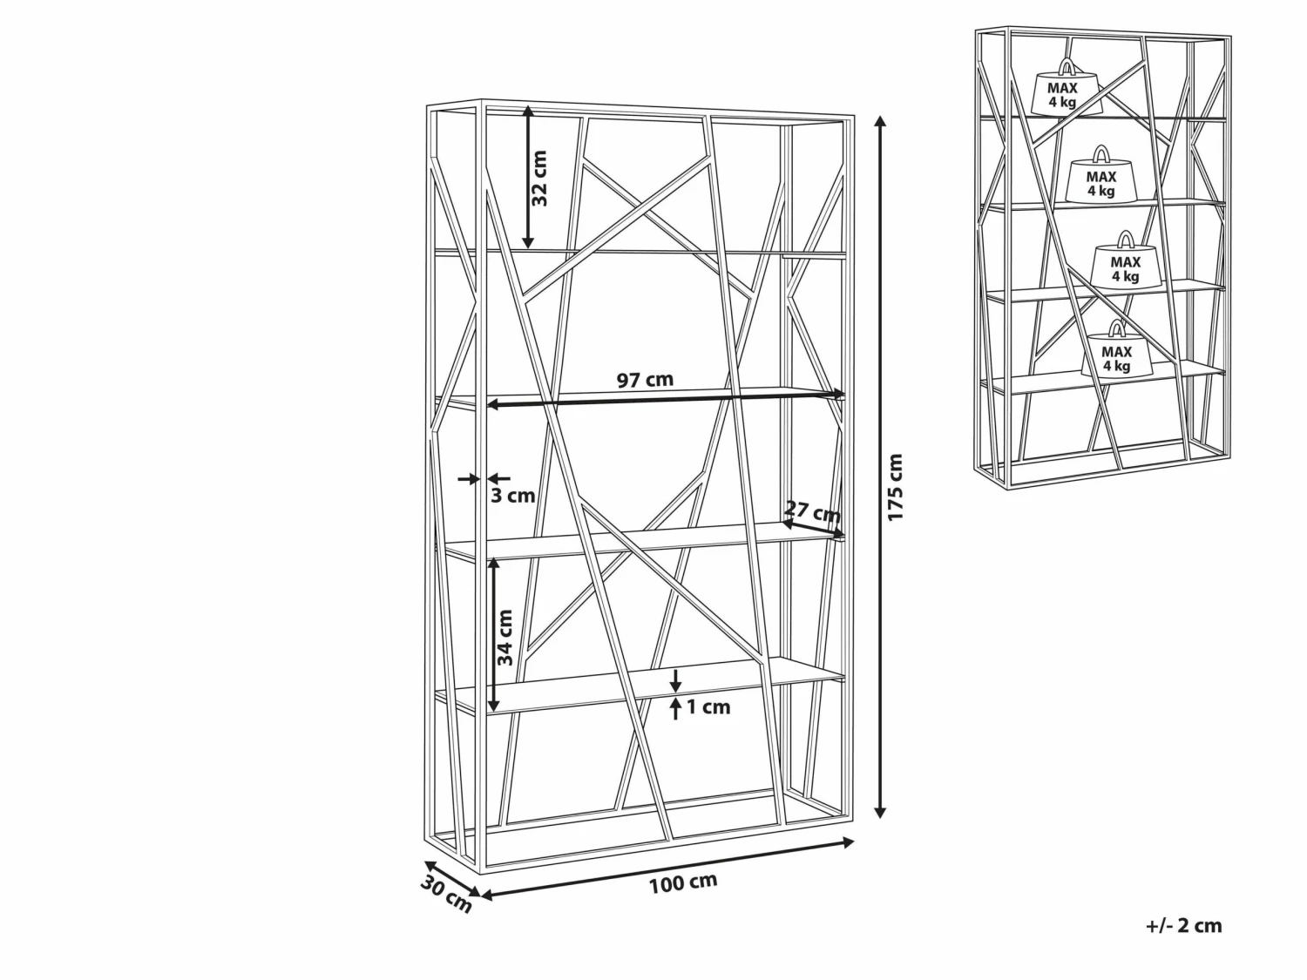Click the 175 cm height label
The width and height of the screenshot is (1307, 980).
click(896, 487)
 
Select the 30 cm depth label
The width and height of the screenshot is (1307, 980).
click(446, 896)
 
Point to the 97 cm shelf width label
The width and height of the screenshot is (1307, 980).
click(645, 379)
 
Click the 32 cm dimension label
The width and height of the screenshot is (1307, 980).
click(538, 178)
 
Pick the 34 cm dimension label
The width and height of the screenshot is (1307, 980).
click(505, 638)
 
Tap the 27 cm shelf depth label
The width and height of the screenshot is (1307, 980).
click(812, 510)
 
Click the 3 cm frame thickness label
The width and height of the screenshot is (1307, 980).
click(512, 496)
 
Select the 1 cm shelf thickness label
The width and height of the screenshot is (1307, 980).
click(708, 706)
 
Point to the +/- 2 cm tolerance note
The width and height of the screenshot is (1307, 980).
click(1184, 926)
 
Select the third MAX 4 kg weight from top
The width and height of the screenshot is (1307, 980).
click(1125, 261)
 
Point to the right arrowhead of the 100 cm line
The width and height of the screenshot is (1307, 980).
click(849, 842)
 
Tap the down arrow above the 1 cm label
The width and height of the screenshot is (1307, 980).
click(675, 680)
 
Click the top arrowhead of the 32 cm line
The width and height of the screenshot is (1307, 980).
click(527, 112)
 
